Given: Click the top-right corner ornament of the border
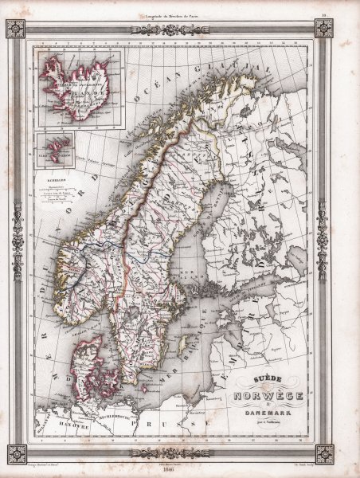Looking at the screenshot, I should (x=323, y=29).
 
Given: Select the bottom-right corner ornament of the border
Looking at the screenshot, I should (x=323, y=453).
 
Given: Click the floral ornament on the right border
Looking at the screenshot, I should (x=323, y=239).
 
